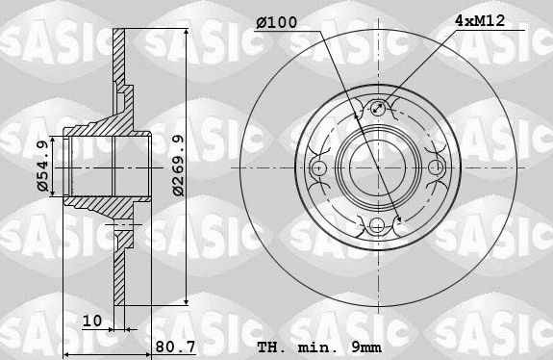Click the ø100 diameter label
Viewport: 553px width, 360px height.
(279, 21)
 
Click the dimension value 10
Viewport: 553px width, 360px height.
(91, 321)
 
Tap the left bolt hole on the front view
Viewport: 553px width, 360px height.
(321, 168)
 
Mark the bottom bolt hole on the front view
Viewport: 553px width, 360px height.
(379, 225)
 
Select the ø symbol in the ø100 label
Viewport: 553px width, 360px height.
(262, 21)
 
